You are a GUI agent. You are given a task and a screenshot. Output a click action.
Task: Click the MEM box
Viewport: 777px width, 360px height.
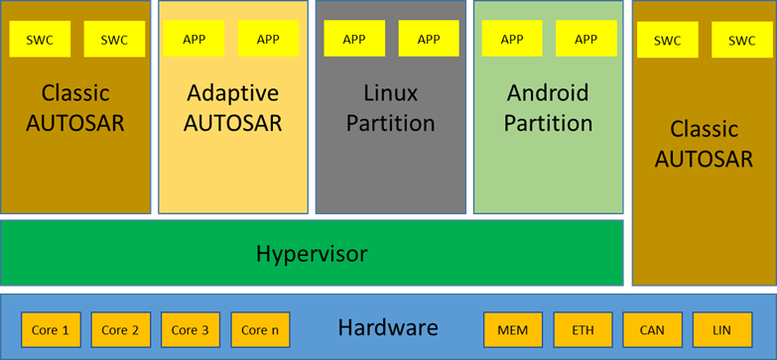click(x=513, y=330)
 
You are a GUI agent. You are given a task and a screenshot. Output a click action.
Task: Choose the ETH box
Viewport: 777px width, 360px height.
click(x=583, y=330)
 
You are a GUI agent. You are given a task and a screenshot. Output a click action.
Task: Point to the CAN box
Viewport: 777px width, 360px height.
click(x=653, y=330)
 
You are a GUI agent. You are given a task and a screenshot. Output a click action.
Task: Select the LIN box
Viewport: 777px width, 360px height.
click(x=722, y=330)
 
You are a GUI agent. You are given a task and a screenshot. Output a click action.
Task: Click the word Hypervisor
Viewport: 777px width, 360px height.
click(x=312, y=254)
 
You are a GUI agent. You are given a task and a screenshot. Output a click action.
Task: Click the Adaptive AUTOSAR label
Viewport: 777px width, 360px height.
click(x=234, y=108)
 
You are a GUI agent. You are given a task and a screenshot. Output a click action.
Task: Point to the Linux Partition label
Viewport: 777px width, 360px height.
click(x=390, y=108)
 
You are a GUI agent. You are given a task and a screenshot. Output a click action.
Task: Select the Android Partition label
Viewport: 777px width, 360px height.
click(x=548, y=108)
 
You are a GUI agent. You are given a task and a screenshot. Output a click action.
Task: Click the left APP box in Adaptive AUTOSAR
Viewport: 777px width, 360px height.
click(x=194, y=39)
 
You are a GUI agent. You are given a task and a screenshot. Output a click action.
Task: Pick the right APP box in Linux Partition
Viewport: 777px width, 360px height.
click(x=429, y=39)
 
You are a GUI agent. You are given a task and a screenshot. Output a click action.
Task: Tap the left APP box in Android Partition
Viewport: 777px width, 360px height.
click(x=512, y=39)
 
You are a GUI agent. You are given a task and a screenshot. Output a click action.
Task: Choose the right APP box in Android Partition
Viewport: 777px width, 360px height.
click(x=586, y=39)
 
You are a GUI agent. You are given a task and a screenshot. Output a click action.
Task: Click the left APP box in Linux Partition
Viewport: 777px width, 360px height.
click(x=354, y=39)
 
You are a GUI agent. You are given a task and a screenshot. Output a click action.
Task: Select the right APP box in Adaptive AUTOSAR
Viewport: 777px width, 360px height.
click(x=268, y=39)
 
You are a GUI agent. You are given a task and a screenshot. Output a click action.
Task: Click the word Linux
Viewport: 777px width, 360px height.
click(x=390, y=93)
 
